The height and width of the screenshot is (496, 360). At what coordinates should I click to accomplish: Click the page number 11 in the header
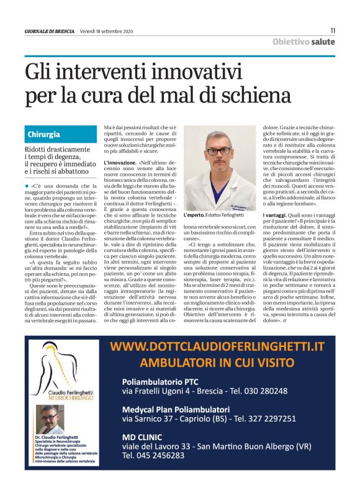[332, 30]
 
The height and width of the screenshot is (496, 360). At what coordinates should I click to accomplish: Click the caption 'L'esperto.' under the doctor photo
[196, 214]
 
